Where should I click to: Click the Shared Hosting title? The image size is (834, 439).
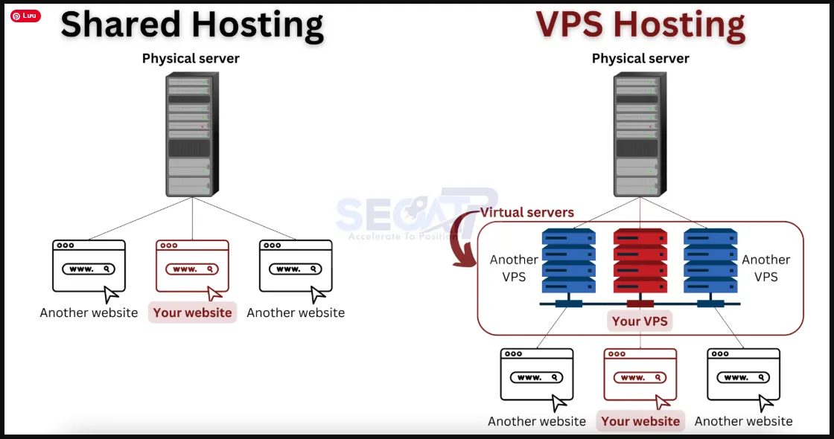[x=192, y=25]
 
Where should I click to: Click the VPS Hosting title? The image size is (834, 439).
[x=640, y=25]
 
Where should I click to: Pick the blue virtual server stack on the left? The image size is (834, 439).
[x=569, y=260]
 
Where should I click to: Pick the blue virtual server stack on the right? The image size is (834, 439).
[x=710, y=260]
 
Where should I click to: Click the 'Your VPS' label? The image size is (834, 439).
[x=640, y=321]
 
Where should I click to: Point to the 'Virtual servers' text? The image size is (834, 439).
[x=527, y=212]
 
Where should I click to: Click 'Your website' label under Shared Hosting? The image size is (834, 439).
[x=192, y=313]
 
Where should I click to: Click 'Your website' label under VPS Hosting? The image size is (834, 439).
[x=640, y=421]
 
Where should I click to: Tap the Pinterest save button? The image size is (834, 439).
[x=25, y=15]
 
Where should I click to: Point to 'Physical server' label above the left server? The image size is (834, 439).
[x=191, y=58]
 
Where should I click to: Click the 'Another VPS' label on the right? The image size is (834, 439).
[x=765, y=268]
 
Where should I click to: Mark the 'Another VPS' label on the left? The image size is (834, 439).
[x=514, y=268]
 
